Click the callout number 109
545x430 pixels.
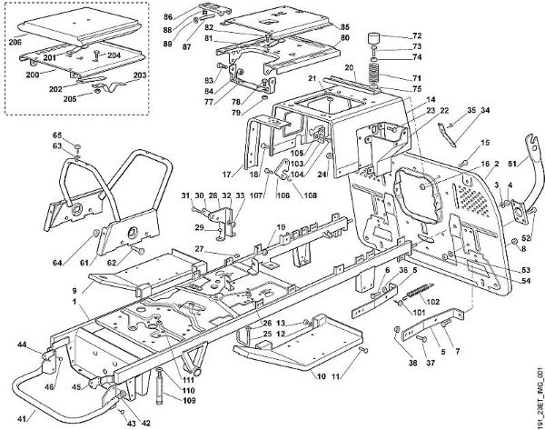pyautogui.click(x=191, y=400)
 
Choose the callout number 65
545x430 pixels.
pyautogui.click(x=55, y=134)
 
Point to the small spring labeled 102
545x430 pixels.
pyautogui.click(x=417, y=294)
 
